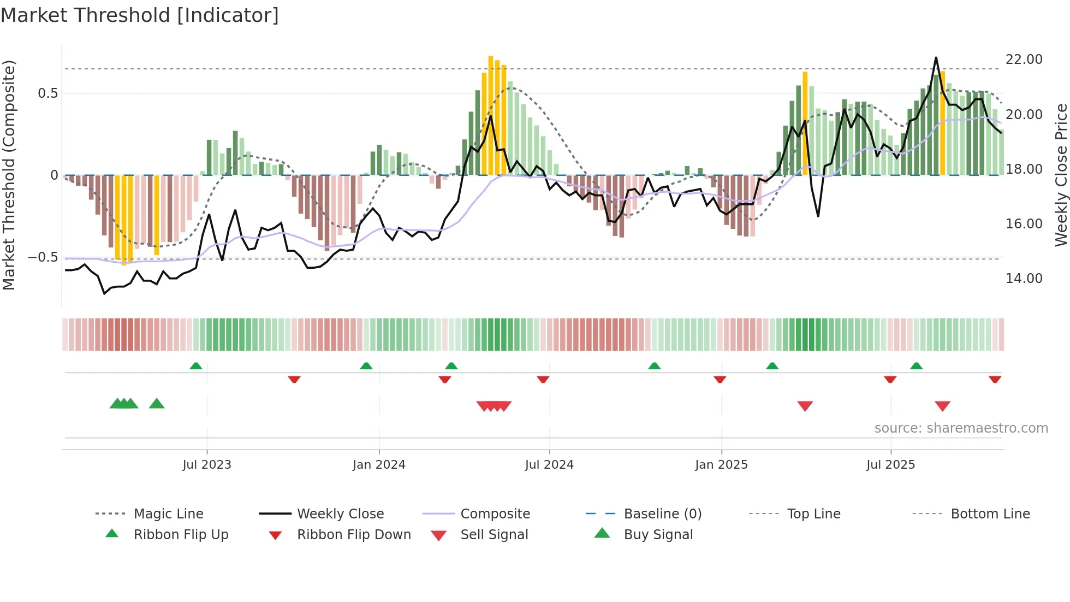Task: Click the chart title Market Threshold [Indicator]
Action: click(140, 15)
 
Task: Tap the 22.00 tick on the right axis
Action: click(1024, 60)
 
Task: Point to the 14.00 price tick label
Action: click(1024, 279)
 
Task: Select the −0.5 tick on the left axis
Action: click(43, 257)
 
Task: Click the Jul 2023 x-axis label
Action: click(207, 465)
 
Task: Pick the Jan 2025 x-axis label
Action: click(721, 465)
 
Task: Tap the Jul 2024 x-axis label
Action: click(549, 465)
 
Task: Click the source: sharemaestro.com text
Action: click(961, 428)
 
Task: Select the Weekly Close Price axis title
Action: click(1061, 175)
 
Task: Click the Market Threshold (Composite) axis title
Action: click(9, 175)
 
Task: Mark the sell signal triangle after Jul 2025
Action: click(942, 406)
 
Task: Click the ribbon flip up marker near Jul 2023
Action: click(196, 366)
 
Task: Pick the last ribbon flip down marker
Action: click(995, 379)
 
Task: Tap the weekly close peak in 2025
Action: click(936, 58)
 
